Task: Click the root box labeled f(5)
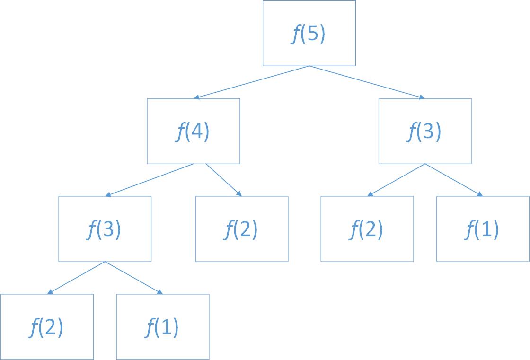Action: [309, 33]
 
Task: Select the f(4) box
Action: [193, 131]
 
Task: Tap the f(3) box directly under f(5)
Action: [425, 131]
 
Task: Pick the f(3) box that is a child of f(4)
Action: [105, 229]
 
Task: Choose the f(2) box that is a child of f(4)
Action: [241, 229]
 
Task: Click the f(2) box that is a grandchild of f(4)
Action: [47, 327]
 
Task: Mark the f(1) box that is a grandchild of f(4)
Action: [162, 327]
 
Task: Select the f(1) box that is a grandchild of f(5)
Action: [483, 229]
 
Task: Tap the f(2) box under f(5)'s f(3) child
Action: [367, 229]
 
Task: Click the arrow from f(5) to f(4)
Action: [251, 82]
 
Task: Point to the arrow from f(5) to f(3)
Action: [367, 82]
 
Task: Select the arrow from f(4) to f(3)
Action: [149, 180]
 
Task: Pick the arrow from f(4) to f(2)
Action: [223, 180]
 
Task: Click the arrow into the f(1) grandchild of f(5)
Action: [454, 180]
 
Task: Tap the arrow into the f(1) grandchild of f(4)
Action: [133, 278]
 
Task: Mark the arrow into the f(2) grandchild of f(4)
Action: [76, 278]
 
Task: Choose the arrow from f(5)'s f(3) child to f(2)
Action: [396, 180]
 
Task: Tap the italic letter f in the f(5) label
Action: [295, 34]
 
